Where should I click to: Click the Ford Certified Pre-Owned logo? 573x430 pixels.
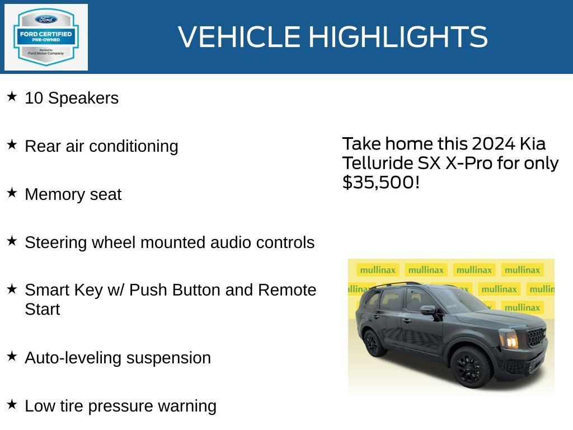point(46,37)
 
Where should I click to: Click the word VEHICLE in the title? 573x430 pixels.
point(240,37)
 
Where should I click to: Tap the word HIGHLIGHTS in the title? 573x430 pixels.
point(398,37)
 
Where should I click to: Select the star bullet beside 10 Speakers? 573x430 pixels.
point(12,96)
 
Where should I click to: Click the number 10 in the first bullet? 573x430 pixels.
point(34,98)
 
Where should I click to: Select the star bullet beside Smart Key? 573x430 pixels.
point(12,289)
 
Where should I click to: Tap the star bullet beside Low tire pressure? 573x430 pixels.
point(12,404)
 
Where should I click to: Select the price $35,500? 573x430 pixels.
point(381,182)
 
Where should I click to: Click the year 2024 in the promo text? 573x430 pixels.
point(493,144)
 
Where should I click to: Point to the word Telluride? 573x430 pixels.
point(370,163)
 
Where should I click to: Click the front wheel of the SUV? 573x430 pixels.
point(471,367)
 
